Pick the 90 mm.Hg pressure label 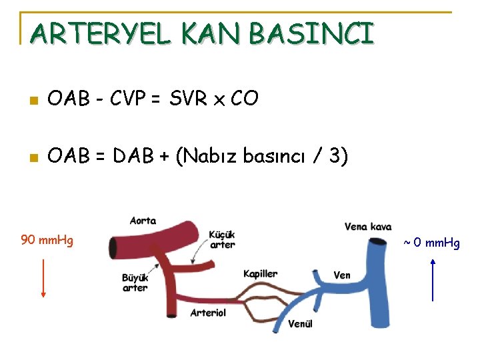point(47,240)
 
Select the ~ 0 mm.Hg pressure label point(431,243)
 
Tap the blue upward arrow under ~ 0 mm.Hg point(433,280)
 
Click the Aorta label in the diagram point(143,221)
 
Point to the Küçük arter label point(222,239)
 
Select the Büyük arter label point(135,283)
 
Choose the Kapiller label point(260,274)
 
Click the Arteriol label point(208,312)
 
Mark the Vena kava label point(368,227)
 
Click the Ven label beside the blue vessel point(342,275)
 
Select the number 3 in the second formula point(334,156)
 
